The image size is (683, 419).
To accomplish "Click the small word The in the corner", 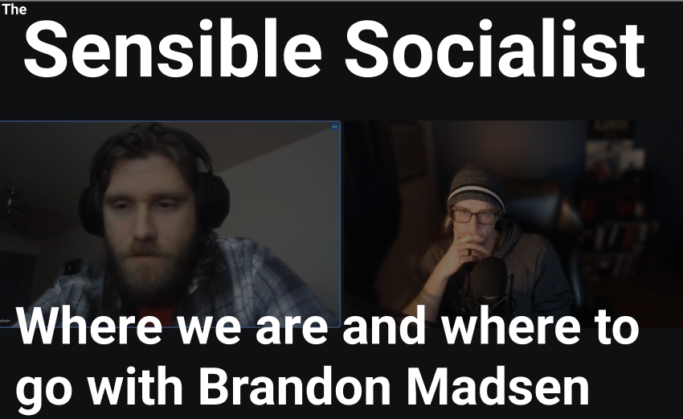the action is (14, 9).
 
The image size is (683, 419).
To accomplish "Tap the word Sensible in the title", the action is (173, 49).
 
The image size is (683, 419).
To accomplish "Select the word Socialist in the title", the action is (495, 49).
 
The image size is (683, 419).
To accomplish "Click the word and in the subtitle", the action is (384, 326).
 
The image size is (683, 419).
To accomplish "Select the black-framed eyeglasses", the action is (475, 216).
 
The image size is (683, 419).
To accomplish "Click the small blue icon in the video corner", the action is (335, 126).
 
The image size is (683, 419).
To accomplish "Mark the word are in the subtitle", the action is (291, 330).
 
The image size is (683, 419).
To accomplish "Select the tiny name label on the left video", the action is (5, 321).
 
